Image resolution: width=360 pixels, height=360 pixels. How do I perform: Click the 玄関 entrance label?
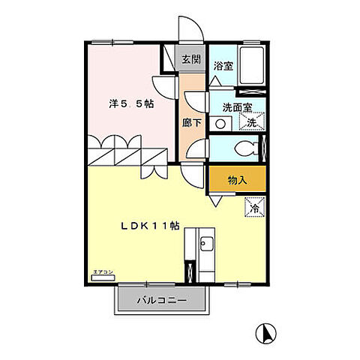[x=191, y=59]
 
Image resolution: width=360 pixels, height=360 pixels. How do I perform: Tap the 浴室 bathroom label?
[x=223, y=66]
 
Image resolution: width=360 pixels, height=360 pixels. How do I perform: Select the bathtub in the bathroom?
[x=252, y=65]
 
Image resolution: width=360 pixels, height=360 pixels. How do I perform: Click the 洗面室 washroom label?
[x=237, y=107]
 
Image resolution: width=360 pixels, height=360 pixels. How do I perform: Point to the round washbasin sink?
[x=220, y=124]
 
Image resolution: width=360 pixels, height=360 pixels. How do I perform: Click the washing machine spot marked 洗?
[x=252, y=121]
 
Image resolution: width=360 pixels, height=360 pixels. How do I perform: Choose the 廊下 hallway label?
[x=191, y=122]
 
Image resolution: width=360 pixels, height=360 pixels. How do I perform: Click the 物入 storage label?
[x=237, y=180]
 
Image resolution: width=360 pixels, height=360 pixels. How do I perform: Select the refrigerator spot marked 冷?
[x=255, y=207]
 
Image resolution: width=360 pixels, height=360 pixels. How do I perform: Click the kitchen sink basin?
[x=206, y=244]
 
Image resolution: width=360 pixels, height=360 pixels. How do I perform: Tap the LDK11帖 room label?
[x=151, y=226]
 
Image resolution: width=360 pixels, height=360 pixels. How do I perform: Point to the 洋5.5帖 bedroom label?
[x=131, y=103]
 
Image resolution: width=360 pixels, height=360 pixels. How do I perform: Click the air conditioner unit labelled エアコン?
[x=103, y=277]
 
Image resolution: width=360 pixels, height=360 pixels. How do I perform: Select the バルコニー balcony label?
[x=162, y=300]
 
